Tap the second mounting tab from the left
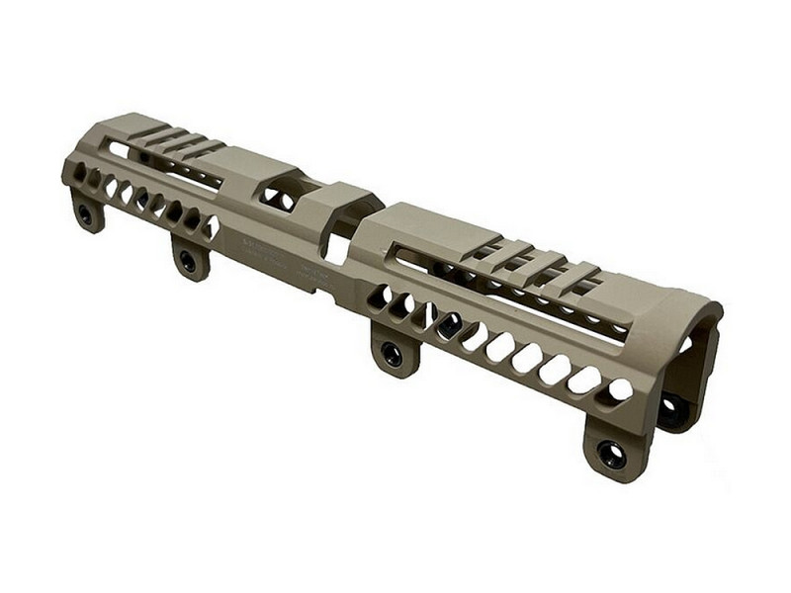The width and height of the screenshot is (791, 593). tap(189, 259)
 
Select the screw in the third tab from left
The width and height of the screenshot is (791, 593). tap(394, 354)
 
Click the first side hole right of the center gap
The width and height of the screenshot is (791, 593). tap(379, 296)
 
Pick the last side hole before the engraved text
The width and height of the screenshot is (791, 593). tap(211, 229)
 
